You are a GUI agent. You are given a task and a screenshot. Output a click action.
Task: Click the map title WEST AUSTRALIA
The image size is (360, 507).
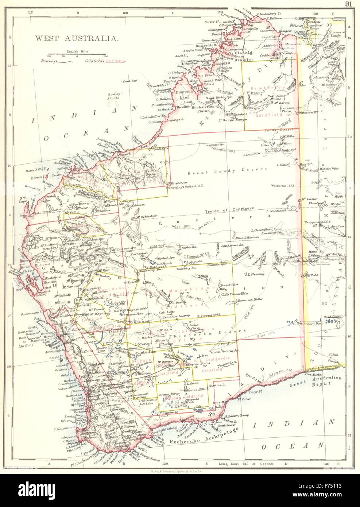(76, 38)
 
